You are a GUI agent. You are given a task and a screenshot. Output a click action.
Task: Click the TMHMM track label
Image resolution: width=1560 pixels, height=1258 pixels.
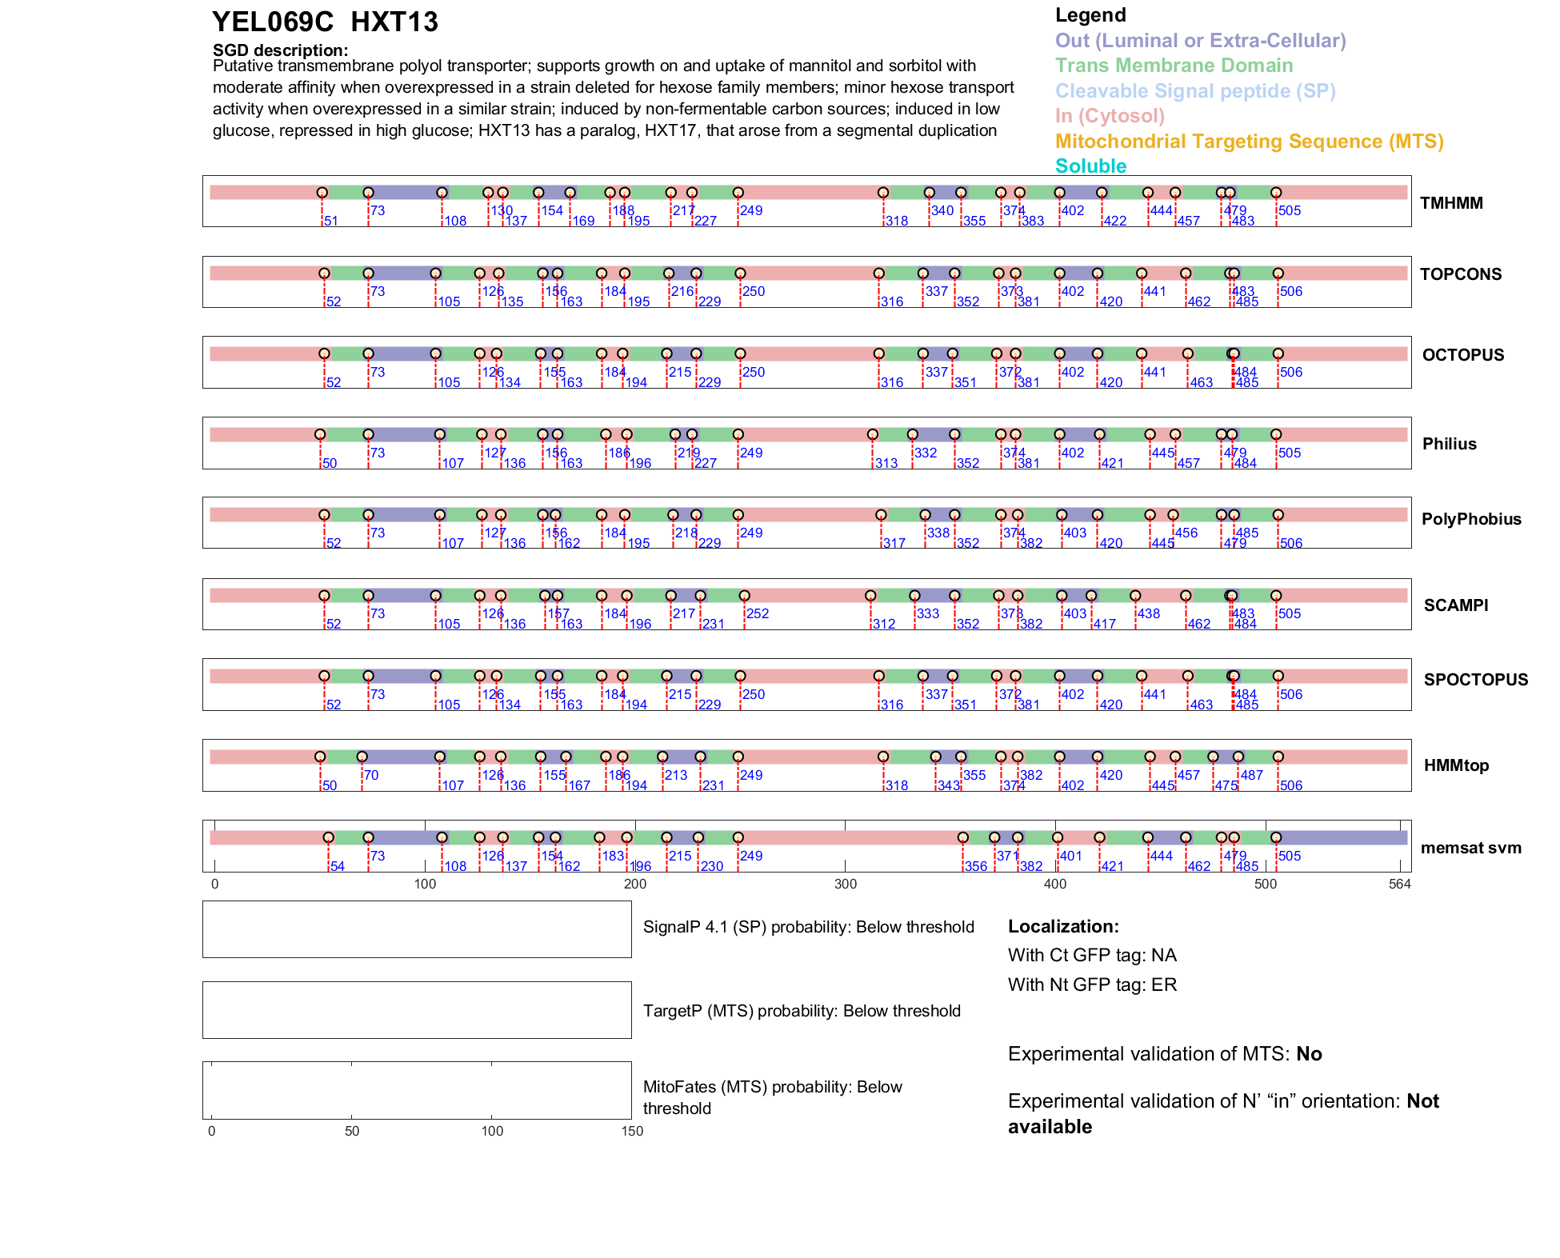tap(1450, 203)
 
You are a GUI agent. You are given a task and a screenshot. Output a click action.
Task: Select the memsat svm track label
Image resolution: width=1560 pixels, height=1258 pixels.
tap(1470, 848)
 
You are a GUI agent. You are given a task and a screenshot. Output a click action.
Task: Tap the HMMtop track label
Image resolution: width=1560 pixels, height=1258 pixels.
tap(1456, 765)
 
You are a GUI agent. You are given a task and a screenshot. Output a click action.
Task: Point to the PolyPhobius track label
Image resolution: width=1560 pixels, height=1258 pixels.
tap(1470, 519)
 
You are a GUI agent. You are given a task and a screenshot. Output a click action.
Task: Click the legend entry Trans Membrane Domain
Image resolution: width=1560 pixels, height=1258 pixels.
tap(1174, 66)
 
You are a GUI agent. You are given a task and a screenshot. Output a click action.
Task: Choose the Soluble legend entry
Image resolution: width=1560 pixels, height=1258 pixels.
tap(1090, 166)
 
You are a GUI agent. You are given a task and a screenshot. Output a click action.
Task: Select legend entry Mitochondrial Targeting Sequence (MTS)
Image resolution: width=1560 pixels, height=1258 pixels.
tap(1249, 142)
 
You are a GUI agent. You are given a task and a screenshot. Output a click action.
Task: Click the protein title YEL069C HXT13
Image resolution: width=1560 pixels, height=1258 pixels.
tap(325, 22)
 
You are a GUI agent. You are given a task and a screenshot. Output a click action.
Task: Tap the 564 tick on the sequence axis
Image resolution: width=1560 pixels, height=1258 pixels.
tap(1399, 884)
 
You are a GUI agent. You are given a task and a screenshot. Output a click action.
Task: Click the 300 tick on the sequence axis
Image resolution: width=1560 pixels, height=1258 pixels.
tap(845, 884)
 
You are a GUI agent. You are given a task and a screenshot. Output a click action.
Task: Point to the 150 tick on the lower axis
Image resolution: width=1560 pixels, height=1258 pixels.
tap(632, 1131)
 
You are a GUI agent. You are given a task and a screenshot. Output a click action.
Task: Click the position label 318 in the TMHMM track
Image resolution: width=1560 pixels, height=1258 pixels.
tap(897, 221)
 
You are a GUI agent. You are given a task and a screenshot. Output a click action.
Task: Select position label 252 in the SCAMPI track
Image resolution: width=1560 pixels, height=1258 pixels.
tap(757, 613)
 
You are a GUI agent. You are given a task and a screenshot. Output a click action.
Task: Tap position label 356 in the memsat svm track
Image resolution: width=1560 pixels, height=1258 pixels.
tap(975, 866)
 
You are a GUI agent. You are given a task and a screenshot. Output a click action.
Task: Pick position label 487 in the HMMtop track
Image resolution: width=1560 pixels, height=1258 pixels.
tap(1251, 775)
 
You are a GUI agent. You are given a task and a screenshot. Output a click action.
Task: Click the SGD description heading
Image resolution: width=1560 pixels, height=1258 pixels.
tap(280, 50)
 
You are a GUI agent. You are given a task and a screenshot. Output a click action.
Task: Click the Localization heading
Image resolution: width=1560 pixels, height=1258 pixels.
tap(1062, 926)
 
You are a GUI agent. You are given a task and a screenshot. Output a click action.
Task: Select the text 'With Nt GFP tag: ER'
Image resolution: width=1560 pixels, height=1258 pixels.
tap(1092, 984)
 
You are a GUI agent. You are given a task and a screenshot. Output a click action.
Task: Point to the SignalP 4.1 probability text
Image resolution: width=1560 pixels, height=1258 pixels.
tap(808, 927)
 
